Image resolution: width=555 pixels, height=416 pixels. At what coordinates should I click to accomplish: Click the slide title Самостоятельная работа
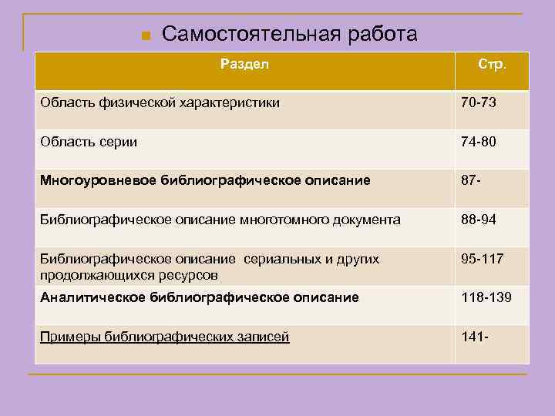(x=289, y=34)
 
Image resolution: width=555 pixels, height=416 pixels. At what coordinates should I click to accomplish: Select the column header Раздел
(x=244, y=64)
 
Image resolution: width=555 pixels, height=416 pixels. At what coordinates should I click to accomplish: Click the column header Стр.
(x=492, y=64)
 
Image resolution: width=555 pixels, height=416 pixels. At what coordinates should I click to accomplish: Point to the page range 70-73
(x=478, y=102)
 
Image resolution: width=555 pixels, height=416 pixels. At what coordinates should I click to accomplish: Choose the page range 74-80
(x=478, y=142)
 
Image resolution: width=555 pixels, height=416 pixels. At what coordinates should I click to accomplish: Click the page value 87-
(x=471, y=180)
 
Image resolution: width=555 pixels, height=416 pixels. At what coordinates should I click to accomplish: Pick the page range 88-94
(x=478, y=220)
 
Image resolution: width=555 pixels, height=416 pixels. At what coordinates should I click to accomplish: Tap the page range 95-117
(x=482, y=259)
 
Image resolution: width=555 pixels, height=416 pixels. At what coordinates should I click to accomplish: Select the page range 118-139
(x=486, y=297)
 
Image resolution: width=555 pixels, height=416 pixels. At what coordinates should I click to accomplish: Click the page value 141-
(x=475, y=337)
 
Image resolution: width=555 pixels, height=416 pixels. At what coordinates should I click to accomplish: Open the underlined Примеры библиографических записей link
(x=165, y=337)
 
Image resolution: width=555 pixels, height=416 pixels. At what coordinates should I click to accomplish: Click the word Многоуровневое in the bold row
(x=98, y=180)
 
